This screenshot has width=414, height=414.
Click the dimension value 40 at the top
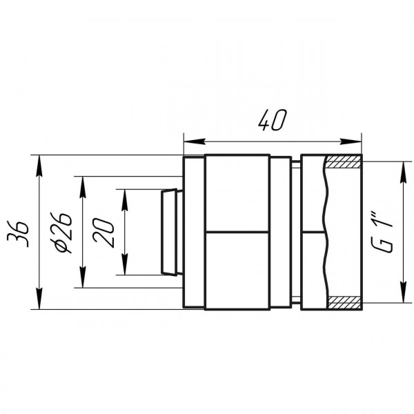tap(272, 121)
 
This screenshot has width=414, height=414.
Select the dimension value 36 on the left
tap(23, 232)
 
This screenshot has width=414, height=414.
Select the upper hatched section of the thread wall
tap(343, 164)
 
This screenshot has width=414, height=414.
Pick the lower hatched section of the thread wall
tap(343, 302)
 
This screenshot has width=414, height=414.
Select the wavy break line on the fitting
tap(324, 232)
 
